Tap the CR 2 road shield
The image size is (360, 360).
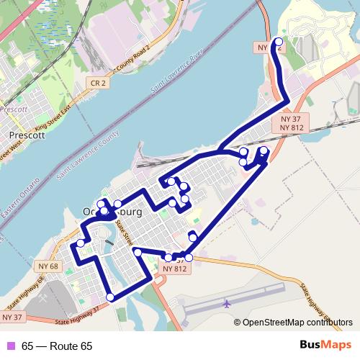(x=98, y=84)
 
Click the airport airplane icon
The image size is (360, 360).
(x=227, y=303)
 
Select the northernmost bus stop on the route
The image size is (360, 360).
(x=279, y=41)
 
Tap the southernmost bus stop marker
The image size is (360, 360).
(x=110, y=297)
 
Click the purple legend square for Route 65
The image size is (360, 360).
(x=10, y=346)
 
